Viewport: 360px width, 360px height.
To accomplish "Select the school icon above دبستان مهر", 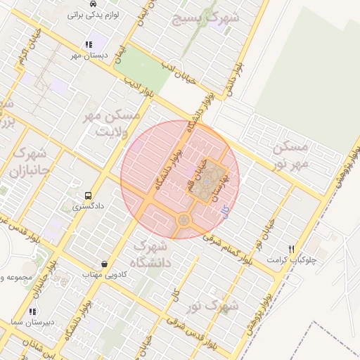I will tap(88, 44).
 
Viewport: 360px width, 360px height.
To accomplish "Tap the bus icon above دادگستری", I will tap(88, 195).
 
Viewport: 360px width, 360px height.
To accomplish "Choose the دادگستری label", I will tap(88, 207).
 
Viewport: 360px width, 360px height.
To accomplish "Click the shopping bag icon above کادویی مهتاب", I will tap(104, 264).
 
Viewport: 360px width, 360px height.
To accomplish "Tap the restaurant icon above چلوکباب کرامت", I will tap(291, 249).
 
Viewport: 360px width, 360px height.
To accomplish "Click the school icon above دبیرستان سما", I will tap(32, 311).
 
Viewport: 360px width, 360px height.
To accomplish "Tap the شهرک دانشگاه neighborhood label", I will tap(150, 255).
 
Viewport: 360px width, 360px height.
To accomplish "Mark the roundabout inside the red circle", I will tap(184, 220).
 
